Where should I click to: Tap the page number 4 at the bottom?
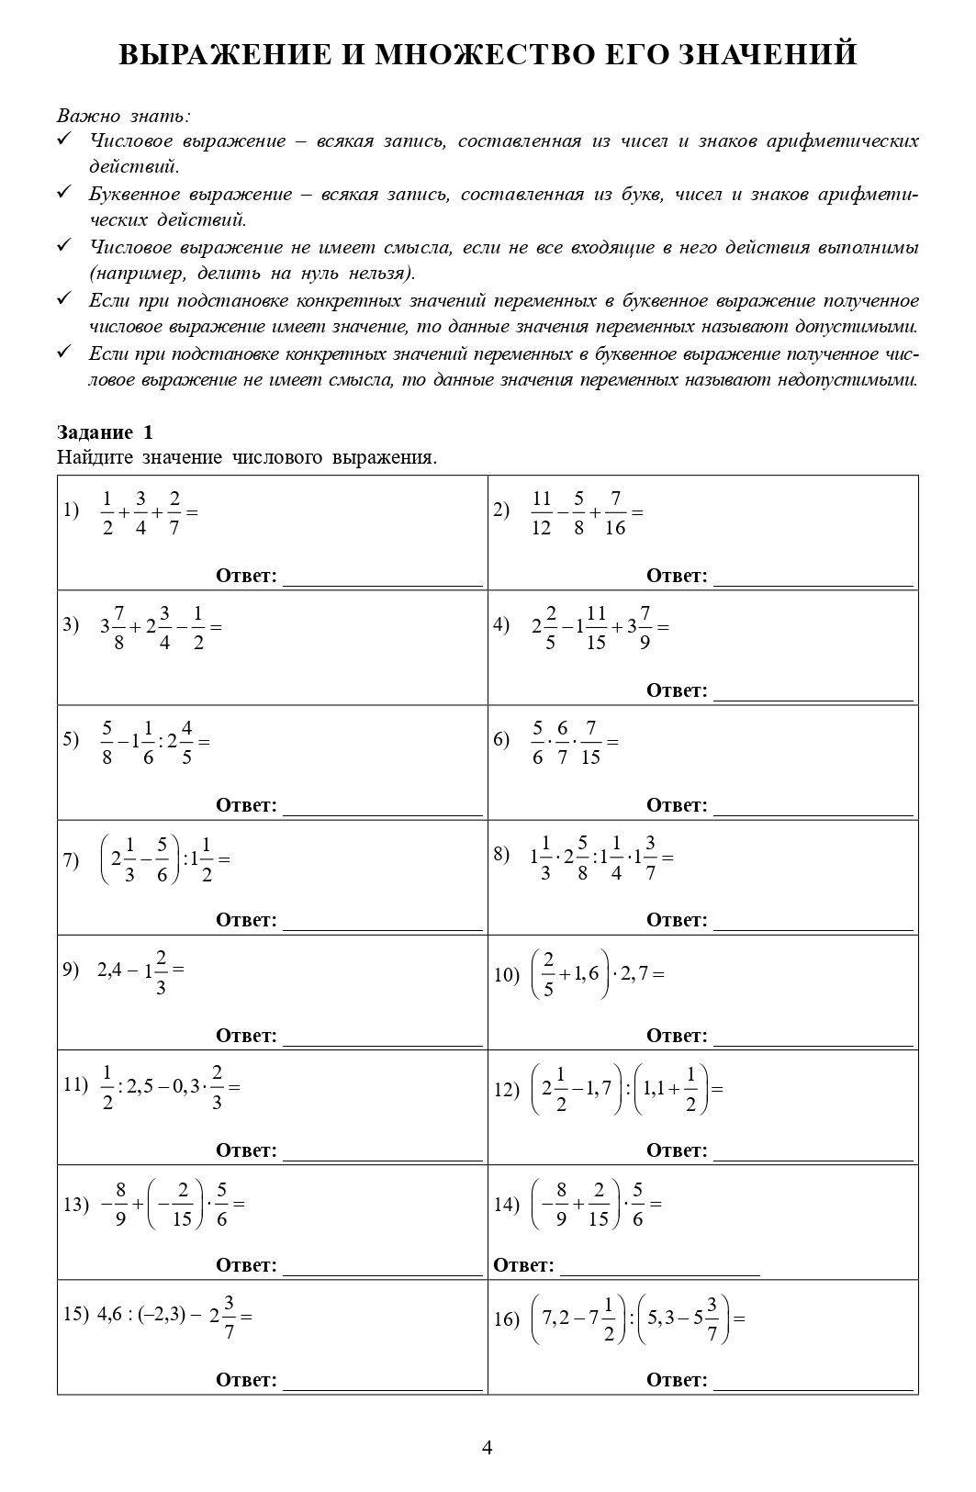488,1448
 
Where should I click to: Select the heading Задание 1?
105,432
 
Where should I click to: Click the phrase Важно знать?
123,116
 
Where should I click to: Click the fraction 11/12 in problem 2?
541,513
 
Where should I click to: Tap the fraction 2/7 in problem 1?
174,513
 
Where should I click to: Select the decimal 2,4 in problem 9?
109,970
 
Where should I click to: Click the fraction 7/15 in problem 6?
590,743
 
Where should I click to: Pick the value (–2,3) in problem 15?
163,1315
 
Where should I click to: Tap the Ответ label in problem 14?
523,1265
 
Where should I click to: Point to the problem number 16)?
507,1319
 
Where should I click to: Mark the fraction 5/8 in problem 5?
107,743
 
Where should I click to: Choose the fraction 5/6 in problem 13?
222,1205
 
